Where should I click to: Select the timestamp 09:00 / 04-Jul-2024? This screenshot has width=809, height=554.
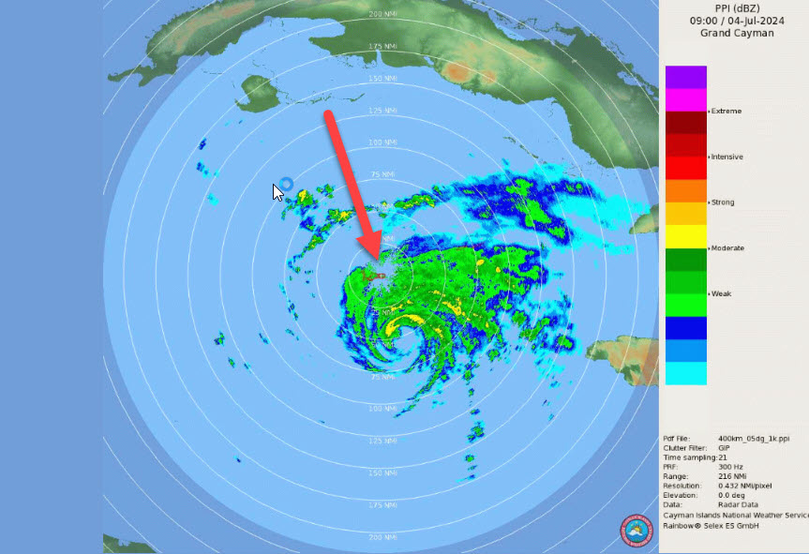click(x=737, y=20)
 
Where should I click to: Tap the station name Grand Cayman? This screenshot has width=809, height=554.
click(x=737, y=33)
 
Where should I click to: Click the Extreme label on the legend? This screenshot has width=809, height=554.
click(x=727, y=112)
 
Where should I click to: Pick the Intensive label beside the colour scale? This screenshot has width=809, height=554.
click(x=727, y=157)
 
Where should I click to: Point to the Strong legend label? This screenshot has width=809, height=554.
click(x=723, y=202)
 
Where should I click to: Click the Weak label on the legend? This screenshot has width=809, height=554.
click(x=721, y=293)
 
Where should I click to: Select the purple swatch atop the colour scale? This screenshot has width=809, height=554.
click(x=685, y=77)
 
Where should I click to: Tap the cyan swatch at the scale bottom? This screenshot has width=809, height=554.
click(x=685, y=373)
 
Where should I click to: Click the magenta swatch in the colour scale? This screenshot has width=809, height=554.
click(x=685, y=99)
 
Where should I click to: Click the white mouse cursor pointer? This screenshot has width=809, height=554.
click(x=277, y=191)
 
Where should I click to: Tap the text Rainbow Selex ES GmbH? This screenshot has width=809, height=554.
click(x=711, y=525)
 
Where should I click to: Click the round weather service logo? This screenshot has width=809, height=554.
click(x=636, y=529)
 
